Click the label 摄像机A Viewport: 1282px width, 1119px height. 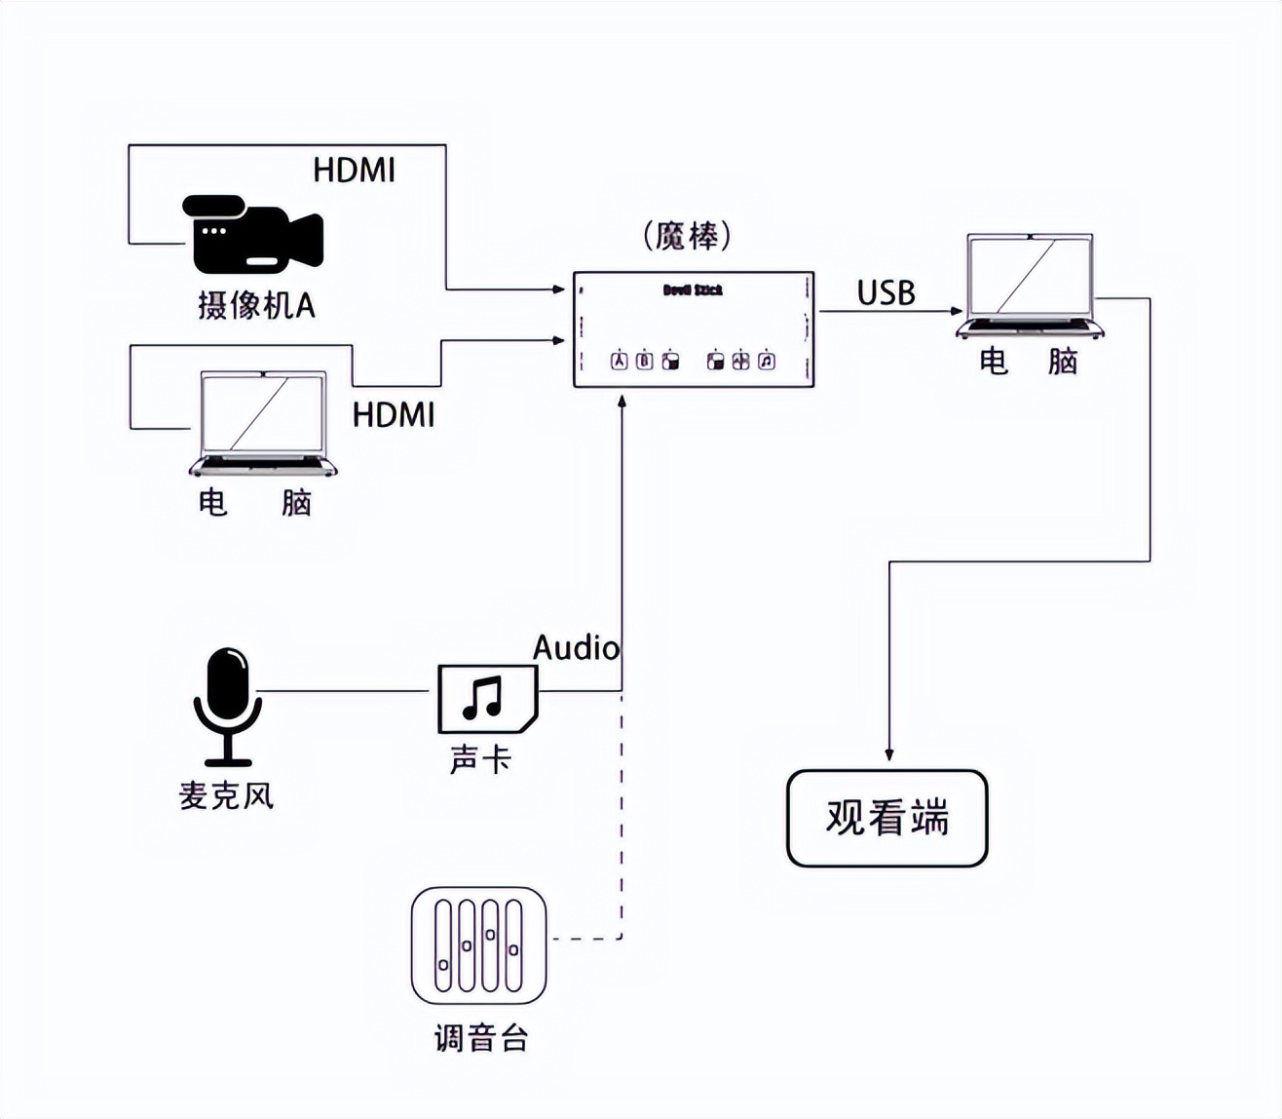(x=256, y=305)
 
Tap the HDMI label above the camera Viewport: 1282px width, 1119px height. (x=354, y=171)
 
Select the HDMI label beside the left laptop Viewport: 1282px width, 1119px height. (x=393, y=414)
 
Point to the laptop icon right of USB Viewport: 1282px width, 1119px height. (x=1030, y=286)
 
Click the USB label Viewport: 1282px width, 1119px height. (x=886, y=292)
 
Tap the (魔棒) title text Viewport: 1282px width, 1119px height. (x=688, y=236)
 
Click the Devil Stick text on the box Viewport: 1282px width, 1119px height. (x=693, y=289)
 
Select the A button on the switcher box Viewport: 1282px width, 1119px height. (x=619, y=361)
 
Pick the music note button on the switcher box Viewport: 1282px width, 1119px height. (x=767, y=361)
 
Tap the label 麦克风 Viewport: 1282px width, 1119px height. (x=226, y=795)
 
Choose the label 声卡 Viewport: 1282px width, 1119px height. (x=480, y=760)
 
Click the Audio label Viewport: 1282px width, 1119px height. (x=576, y=648)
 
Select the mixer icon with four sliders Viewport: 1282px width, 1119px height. (x=478, y=945)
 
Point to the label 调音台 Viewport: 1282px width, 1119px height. (x=481, y=1038)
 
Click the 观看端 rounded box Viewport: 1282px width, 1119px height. (x=886, y=818)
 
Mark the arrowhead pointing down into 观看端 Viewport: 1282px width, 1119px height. (x=888, y=754)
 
